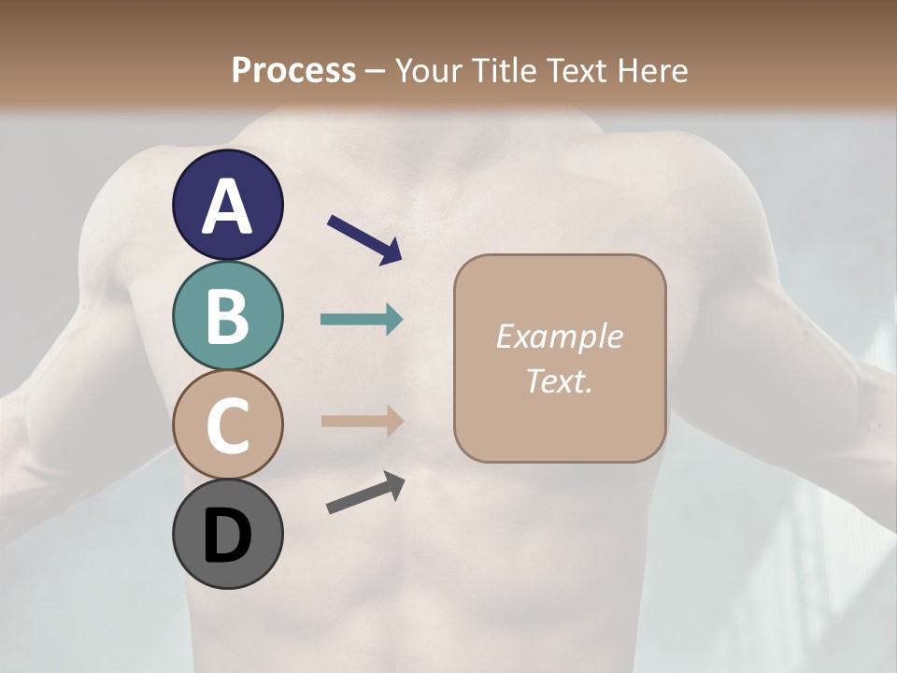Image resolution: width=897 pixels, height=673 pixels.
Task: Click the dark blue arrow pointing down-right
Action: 364,239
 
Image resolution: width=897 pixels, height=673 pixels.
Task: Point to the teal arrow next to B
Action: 362,320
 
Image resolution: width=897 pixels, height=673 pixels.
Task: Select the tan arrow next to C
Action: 362,421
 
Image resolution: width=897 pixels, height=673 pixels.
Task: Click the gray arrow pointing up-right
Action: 365,494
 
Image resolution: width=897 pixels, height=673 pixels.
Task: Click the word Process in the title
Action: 293,70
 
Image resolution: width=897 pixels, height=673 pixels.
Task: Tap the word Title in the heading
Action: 502,70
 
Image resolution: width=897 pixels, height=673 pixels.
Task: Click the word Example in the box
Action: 559,336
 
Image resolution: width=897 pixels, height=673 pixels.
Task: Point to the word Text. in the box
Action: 559,380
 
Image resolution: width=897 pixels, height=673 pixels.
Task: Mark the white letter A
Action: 227,206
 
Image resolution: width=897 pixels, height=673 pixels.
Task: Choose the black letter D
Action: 227,536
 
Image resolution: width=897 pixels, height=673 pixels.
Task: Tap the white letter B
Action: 227,316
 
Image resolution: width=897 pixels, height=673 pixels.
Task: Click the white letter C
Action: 227,426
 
